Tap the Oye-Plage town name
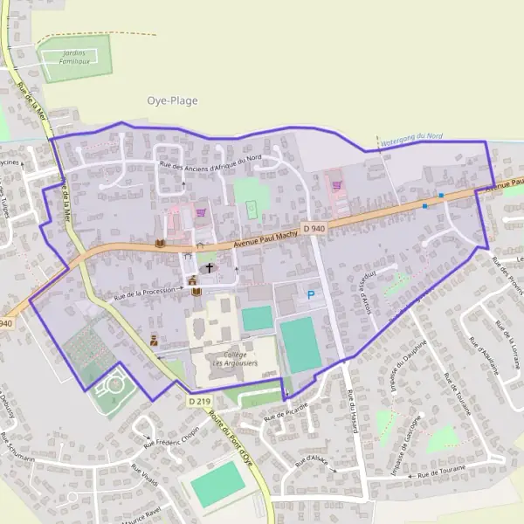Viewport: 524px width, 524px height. [172, 100]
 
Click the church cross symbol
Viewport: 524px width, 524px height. [210, 267]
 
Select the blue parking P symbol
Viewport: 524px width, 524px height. [310, 296]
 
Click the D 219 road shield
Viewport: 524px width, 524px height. [200, 401]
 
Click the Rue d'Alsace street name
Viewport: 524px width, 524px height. [321, 462]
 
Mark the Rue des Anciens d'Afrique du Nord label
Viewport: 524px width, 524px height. [210, 161]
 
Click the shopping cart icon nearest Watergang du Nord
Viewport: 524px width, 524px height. [335, 185]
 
